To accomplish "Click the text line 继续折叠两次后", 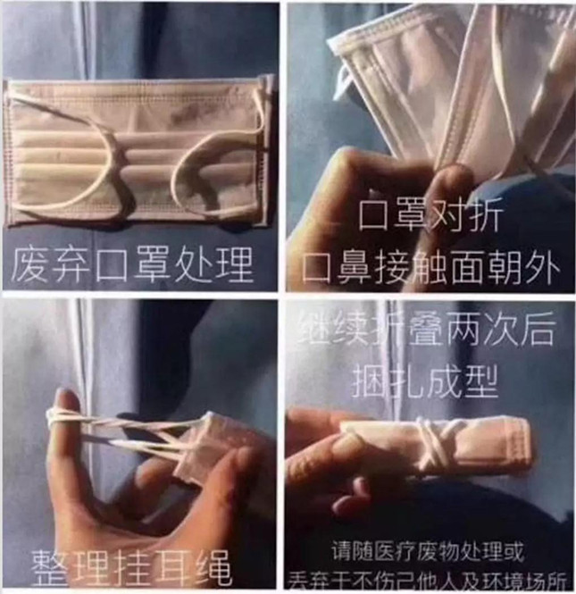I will (x=430, y=330).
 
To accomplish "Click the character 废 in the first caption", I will (x=30, y=264).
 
